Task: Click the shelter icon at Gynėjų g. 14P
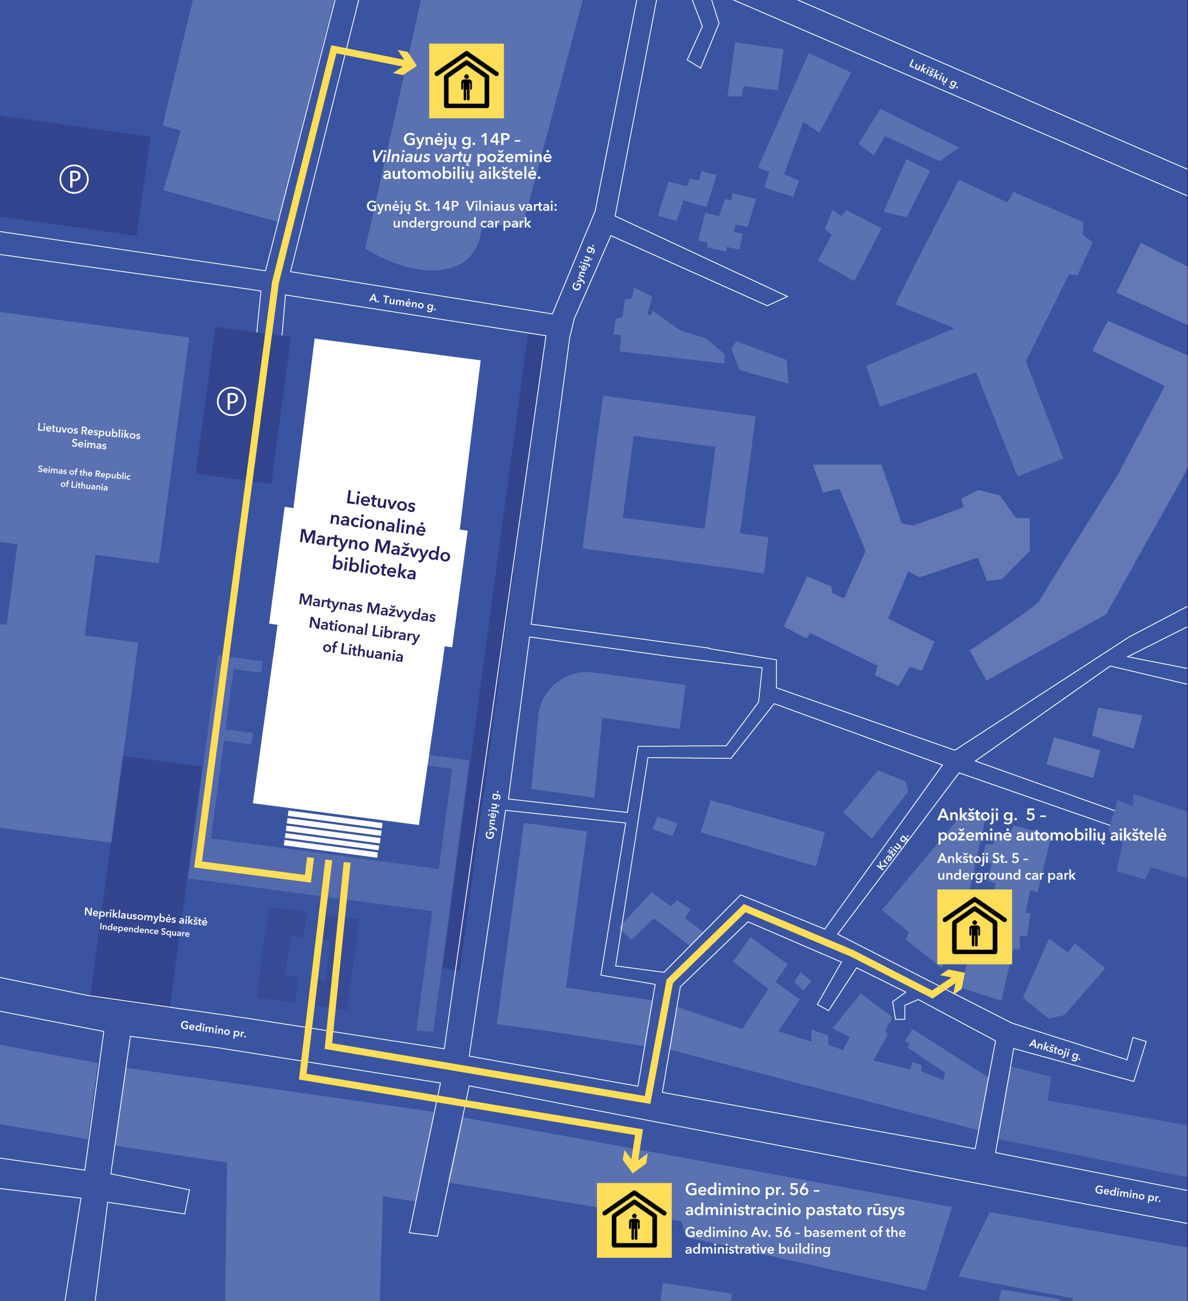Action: (467, 80)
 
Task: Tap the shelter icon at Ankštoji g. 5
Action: (974, 927)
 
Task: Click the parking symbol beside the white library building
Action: (232, 401)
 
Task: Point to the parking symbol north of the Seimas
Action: (74, 179)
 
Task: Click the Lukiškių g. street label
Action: (934, 73)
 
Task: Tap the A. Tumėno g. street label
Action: (403, 302)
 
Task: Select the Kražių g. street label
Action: (893, 852)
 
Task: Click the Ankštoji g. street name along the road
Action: (1055, 1050)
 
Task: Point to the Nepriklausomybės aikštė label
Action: (146, 916)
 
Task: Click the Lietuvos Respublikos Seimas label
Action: (89, 436)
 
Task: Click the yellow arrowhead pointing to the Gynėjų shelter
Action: (407, 63)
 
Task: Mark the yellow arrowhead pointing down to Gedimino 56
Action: (635, 1162)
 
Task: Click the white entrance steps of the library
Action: (333, 833)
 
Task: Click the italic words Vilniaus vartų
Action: (421, 157)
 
